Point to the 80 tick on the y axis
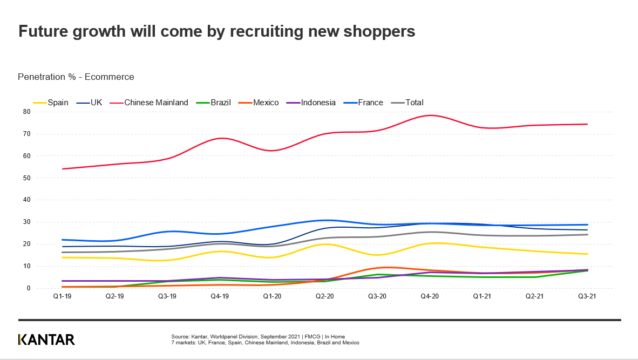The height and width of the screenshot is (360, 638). click(26, 112)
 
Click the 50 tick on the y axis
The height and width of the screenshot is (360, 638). click(26, 178)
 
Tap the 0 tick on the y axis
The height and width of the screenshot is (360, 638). click(28, 288)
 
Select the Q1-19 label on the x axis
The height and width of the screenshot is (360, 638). click(62, 296)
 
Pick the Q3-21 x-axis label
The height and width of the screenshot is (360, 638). click(587, 296)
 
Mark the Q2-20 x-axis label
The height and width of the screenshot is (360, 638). click(324, 296)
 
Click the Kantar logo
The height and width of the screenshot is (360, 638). click(46, 339)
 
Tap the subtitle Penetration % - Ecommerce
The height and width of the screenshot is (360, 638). click(76, 77)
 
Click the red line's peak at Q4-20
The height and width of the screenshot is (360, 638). click(430, 115)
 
